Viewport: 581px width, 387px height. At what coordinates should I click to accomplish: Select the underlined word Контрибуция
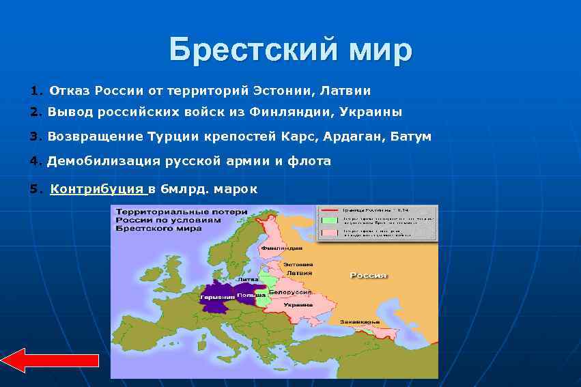coord(96,189)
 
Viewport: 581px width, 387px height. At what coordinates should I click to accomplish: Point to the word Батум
coord(411,137)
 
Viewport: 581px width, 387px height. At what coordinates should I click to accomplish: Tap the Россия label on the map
coord(369,276)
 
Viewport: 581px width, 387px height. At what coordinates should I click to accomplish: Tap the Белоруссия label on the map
coord(287,292)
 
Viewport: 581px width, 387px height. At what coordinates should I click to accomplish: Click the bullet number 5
coord(34,189)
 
